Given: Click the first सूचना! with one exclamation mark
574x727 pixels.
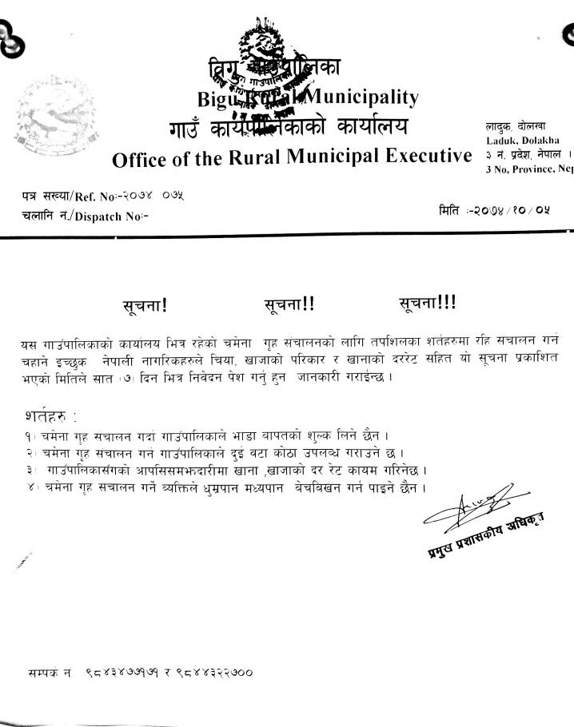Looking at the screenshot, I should (145, 304).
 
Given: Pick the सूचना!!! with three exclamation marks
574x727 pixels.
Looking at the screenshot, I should (427, 303).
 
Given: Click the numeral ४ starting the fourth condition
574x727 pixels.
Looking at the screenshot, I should (29, 487).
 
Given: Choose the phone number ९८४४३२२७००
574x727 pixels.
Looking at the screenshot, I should (214, 673).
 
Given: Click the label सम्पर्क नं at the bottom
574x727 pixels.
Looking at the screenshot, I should (50, 673).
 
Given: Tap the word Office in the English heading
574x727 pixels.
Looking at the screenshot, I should (138, 159).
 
